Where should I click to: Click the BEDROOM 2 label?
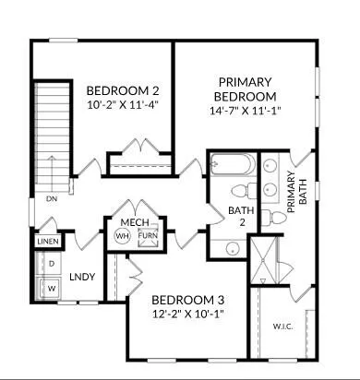(x=123, y=90)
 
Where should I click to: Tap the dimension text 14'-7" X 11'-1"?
(x=244, y=111)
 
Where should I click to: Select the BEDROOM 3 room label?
(x=187, y=300)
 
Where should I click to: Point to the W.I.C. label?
(x=282, y=326)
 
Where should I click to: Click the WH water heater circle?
(x=122, y=236)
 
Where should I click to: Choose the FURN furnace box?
(x=148, y=236)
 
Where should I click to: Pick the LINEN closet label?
(x=48, y=242)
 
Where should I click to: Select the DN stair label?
(x=53, y=197)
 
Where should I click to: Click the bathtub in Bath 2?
(x=232, y=167)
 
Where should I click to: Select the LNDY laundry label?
(x=83, y=276)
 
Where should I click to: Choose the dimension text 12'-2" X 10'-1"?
(x=187, y=314)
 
